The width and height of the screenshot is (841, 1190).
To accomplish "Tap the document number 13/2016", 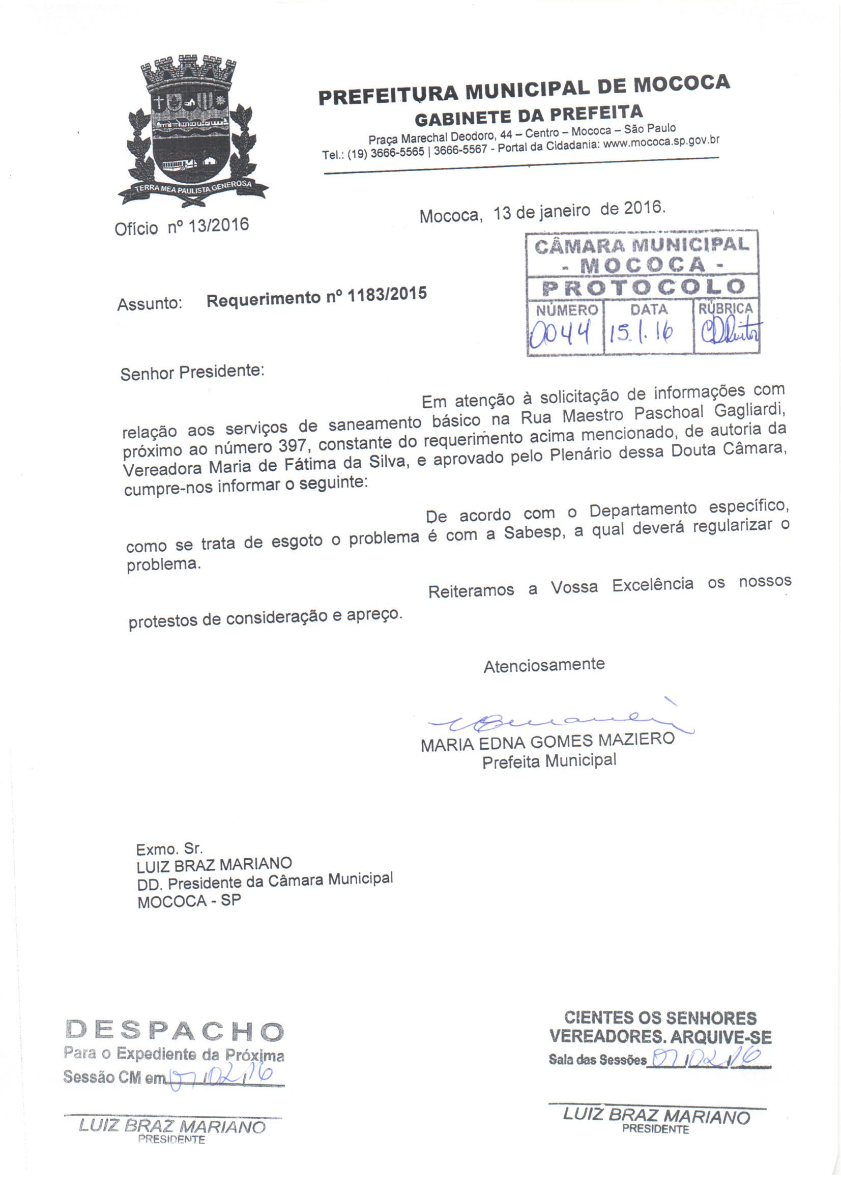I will pos(219,225).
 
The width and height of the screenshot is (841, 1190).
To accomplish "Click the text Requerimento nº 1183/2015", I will pos(316,297).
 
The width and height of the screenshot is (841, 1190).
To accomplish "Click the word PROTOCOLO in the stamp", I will pos(643,287).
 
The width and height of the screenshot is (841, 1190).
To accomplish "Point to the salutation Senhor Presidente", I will pos(192,372).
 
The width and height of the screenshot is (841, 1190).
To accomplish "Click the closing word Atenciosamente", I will pos(544,665).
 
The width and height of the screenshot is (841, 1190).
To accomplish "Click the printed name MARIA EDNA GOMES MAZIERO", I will pos(547,742).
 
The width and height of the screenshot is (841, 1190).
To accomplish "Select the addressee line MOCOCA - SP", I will pos(189,901).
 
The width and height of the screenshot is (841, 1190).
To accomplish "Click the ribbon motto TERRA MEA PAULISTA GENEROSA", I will pos(193,188).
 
